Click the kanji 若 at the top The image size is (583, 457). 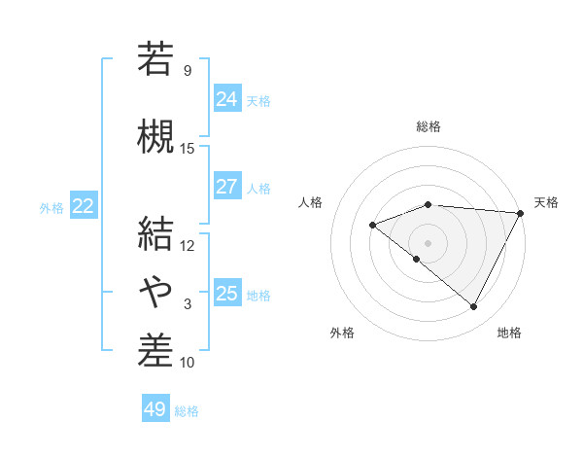(x=155, y=58)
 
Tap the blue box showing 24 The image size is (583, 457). (x=226, y=98)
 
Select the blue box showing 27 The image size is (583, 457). (x=226, y=187)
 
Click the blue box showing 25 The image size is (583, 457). (x=226, y=293)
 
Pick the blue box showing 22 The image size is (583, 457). (x=84, y=205)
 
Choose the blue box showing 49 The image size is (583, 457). (x=155, y=409)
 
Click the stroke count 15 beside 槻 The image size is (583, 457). (x=188, y=148)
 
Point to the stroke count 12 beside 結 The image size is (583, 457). (x=188, y=245)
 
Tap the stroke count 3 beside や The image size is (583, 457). (x=188, y=304)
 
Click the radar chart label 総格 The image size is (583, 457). (x=428, y=126)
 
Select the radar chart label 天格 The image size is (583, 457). (x=546, y=202)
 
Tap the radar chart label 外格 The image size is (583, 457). (x=342, y=334)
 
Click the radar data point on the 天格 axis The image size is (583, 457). (x=521, y=213)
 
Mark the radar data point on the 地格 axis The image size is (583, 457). (x=474, y=307)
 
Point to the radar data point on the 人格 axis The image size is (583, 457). (x=372, y=226)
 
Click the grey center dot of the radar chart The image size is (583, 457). (x=428, y=243)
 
